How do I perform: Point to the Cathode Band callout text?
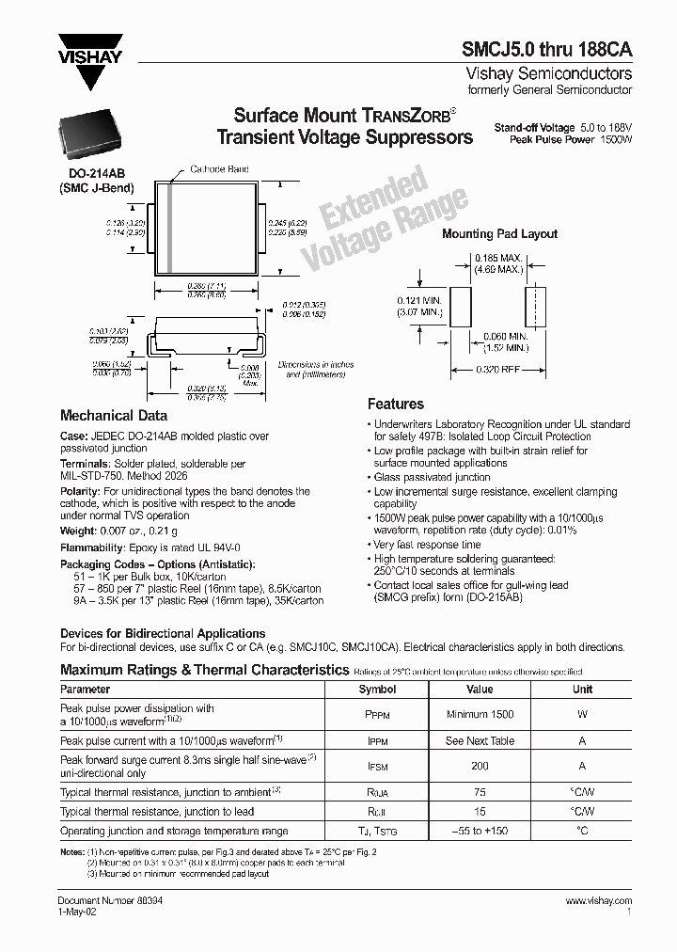click(219, 168)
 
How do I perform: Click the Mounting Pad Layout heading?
click(499, 234)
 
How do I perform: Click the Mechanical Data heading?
click(114, 415)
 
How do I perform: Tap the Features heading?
click(395, 405)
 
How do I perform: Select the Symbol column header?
click(377, 689)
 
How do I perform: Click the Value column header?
click(480, 689)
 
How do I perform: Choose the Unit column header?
click(582, 689)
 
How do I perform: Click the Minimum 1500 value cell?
click(480, 715)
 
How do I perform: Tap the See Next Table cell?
click(480, 740)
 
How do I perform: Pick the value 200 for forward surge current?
click(480, 766)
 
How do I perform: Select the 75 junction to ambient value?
click(480, 790)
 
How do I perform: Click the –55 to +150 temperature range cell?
click(480, 832)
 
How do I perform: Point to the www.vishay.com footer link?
click(599, 900)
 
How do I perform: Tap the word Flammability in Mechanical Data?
click(91, 546)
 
